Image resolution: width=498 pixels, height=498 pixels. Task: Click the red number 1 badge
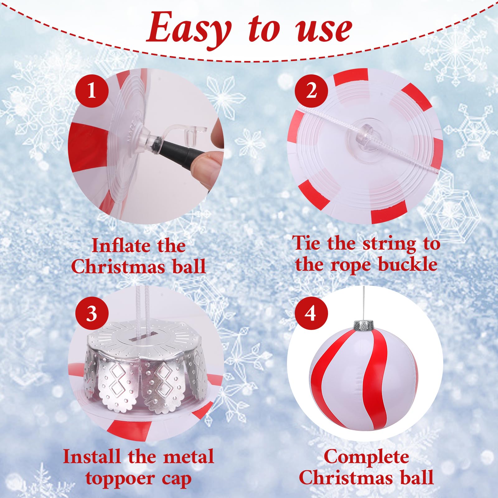pyautogui.click(x=92, y=91)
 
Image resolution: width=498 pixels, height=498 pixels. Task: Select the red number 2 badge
pyautogui.click(x=312, y=91)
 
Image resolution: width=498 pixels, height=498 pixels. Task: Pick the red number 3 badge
pyautogui.click(x=92, y=313)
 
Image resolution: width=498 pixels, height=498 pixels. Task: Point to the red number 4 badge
pyautogui.click(x=311, y=313)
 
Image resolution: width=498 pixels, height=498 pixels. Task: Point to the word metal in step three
pyautogui.click(x=188, y=457)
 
